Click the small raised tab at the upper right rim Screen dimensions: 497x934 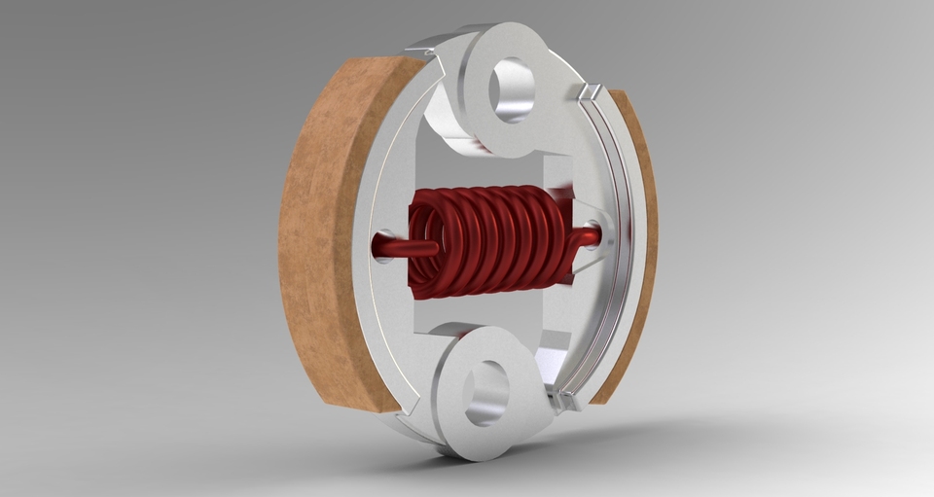pyautogui.click(x=588, y=91)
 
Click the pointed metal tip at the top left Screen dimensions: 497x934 pyautogui.click(x=418, y=44)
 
